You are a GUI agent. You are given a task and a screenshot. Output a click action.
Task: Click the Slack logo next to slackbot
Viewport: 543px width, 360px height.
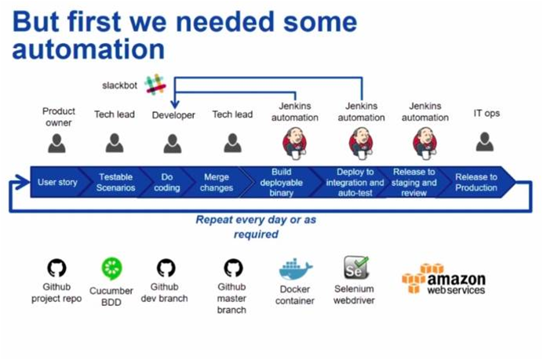pyautogui.click(x=155, y=84)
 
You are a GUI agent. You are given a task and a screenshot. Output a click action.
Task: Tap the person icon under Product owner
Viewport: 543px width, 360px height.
pyautogui.click(x=56, y=144)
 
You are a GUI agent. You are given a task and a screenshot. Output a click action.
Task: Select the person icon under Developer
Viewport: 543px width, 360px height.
pyautogui.click(x=173, y=144)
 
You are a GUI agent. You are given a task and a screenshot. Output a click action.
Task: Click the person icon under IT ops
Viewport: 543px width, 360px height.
pyautogui.click(x=485, y=142)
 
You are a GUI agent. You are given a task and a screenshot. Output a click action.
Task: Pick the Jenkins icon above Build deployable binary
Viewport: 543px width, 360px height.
pyautogui.click(x=294, y=142)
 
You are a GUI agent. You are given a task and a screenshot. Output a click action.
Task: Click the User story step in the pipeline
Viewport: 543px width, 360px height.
pyautogui.click(x=57, y=183)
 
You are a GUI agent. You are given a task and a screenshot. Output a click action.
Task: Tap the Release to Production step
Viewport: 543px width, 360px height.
pyautogui.click(x=476, y=183)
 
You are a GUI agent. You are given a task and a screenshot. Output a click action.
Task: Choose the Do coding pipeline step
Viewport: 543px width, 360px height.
pyautogui.click(x=166, y=183)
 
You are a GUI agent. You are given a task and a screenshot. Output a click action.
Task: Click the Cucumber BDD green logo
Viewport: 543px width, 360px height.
pyautogui.click(x=111, y=268)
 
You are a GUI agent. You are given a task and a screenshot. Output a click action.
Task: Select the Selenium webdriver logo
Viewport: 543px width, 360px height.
pyautogui.click(x=356, y=269)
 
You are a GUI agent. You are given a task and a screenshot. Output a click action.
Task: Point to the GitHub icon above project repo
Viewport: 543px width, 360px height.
pyautogui.click(x=56, y=268)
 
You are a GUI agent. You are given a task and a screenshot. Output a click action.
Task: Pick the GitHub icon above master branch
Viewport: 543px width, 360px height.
pyautogui.click(x=233, y=268)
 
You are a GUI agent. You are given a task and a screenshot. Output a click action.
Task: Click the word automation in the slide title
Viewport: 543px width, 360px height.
pyautogui.click(x=89, y=49)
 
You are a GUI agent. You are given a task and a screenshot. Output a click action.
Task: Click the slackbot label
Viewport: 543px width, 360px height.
pyautogui.click(x=121, y=85)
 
